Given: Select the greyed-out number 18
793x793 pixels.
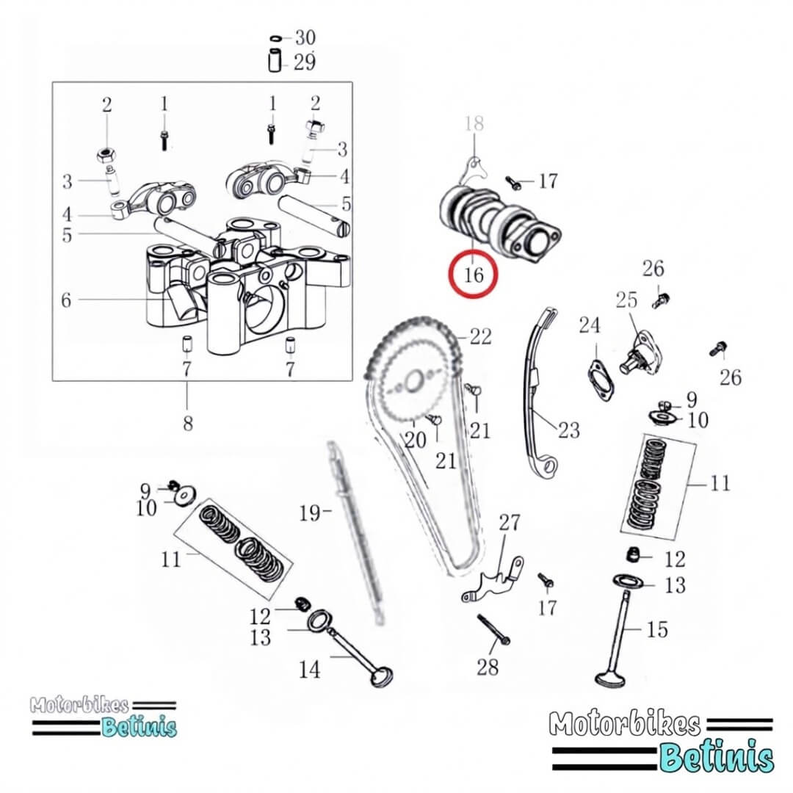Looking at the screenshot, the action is [474, 123].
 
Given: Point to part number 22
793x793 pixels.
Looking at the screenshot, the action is [480, 336].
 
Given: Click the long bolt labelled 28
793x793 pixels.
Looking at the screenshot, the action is [493, 630].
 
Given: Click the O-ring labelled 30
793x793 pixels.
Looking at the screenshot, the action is [276, 38].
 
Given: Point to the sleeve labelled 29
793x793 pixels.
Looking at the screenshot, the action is [275, 61].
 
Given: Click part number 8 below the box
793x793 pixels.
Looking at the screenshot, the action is [188, 423].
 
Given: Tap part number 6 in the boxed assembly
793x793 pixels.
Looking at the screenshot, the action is [66, 300].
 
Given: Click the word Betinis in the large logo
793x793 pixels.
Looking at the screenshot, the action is [717, 757].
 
